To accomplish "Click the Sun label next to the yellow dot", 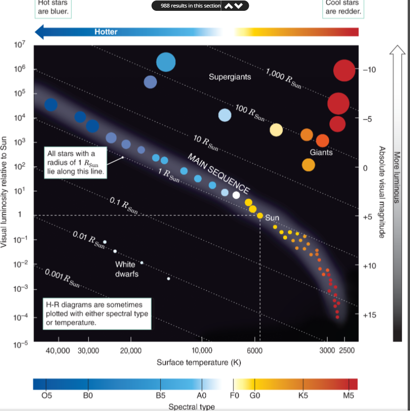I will click(272, 218).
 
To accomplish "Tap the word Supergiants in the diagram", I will click(230, 76).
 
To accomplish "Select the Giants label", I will click(321, 152).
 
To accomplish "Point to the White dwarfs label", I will click(127, 269).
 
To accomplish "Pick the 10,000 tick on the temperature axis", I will click(202, 351).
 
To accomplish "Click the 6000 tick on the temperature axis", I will click(254, 351).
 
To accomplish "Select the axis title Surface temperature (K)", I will click(199, 363).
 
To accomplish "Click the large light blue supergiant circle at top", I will click(166, 62).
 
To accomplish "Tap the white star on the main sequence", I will click(236, 195).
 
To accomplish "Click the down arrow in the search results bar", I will click(240, 6).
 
